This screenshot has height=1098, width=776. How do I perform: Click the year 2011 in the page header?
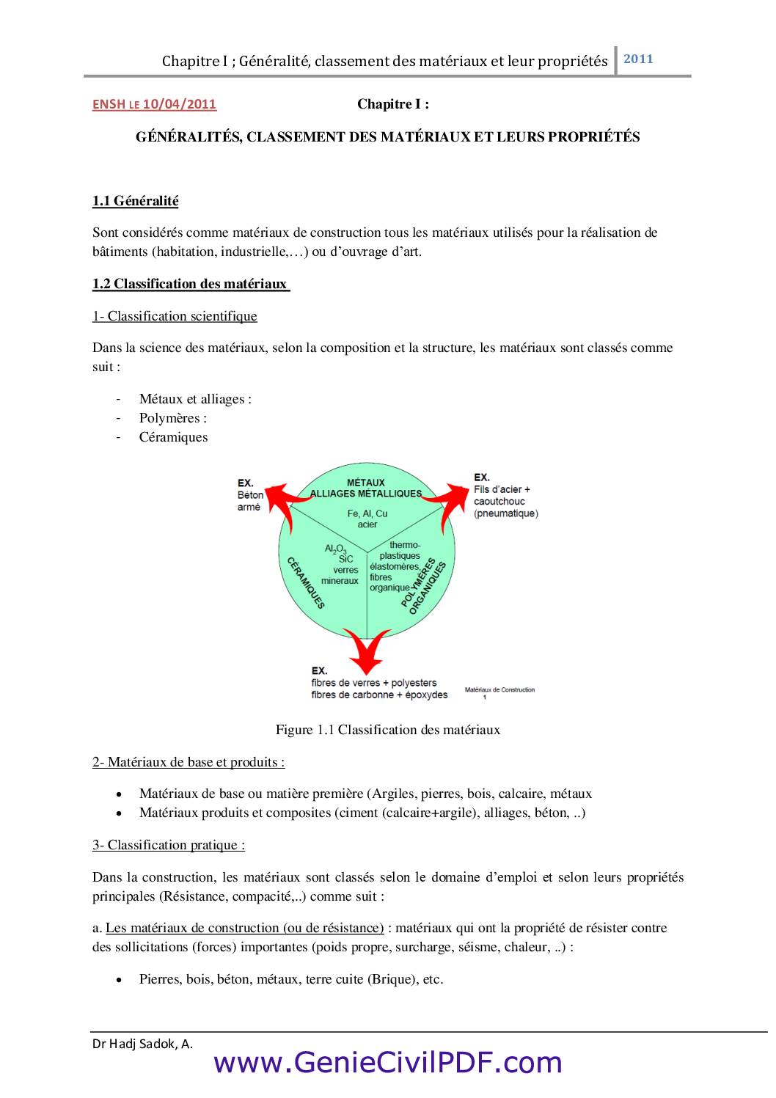click(x=638, y=59)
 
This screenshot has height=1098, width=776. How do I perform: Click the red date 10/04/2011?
click(x=179, y=104)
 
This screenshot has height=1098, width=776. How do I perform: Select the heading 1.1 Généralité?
click(x=136, y=201)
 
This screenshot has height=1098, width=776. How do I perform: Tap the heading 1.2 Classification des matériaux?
click(x=190, y=284)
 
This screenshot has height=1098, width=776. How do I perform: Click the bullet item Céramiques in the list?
click(x=174, y=437)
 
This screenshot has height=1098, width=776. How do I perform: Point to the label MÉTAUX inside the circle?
click(x=365, y=483)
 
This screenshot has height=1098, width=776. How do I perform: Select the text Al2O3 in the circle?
click(x=335, y=549)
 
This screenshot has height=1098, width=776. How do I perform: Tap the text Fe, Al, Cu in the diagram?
click(x=367, y=513)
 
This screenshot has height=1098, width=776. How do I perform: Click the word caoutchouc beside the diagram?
click(x=499, y=501)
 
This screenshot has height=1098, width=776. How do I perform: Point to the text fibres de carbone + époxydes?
click(x=379, y=695)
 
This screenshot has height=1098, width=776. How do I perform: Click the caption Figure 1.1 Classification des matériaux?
click(x=388, y=730)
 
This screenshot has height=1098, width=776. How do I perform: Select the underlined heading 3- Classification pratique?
click(x=169, y=845)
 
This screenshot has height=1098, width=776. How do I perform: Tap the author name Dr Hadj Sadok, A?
click(x=142, y=1044)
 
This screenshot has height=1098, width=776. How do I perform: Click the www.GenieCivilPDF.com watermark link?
click(x=388, y=1063)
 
